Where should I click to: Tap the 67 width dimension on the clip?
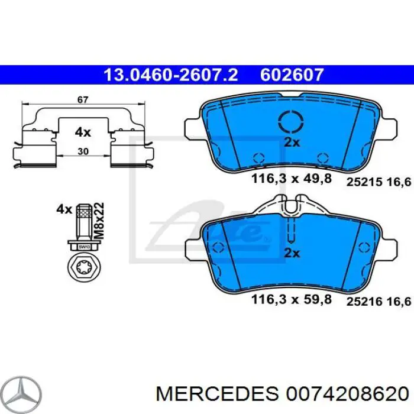(83, 100)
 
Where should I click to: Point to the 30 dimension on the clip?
(83, 151)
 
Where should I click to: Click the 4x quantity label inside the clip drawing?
(83, 132)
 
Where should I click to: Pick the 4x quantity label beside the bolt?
(63, 208)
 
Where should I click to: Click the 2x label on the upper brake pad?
(292, 142)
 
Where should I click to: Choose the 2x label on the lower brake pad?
(292, 253)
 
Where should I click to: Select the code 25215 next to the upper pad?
(362, 183)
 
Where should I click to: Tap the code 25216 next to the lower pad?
(362, 302)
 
